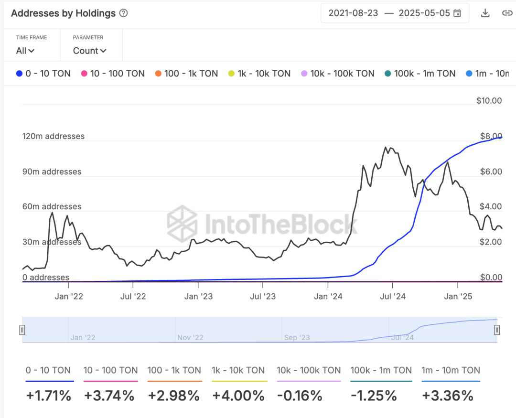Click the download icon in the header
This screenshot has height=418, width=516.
point(485,13)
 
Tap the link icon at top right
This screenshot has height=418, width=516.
point(507,13)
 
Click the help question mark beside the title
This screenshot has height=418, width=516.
point(123,13)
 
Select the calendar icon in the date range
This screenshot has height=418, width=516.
point(457,13)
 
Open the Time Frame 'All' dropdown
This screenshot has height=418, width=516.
point(25,51)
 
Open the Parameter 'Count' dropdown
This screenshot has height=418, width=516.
point(89,51)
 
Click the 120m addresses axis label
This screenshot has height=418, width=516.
point(53,136)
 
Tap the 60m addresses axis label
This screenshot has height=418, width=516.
point(52,207)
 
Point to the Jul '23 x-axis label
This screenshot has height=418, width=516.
point(262,297)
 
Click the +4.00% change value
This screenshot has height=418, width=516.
point(238,396)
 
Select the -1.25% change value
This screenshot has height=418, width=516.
point(374,396)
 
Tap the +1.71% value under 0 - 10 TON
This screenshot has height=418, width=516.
point(48,396)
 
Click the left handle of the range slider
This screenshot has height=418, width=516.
point(22,330)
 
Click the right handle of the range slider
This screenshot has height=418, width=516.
point(497,330)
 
